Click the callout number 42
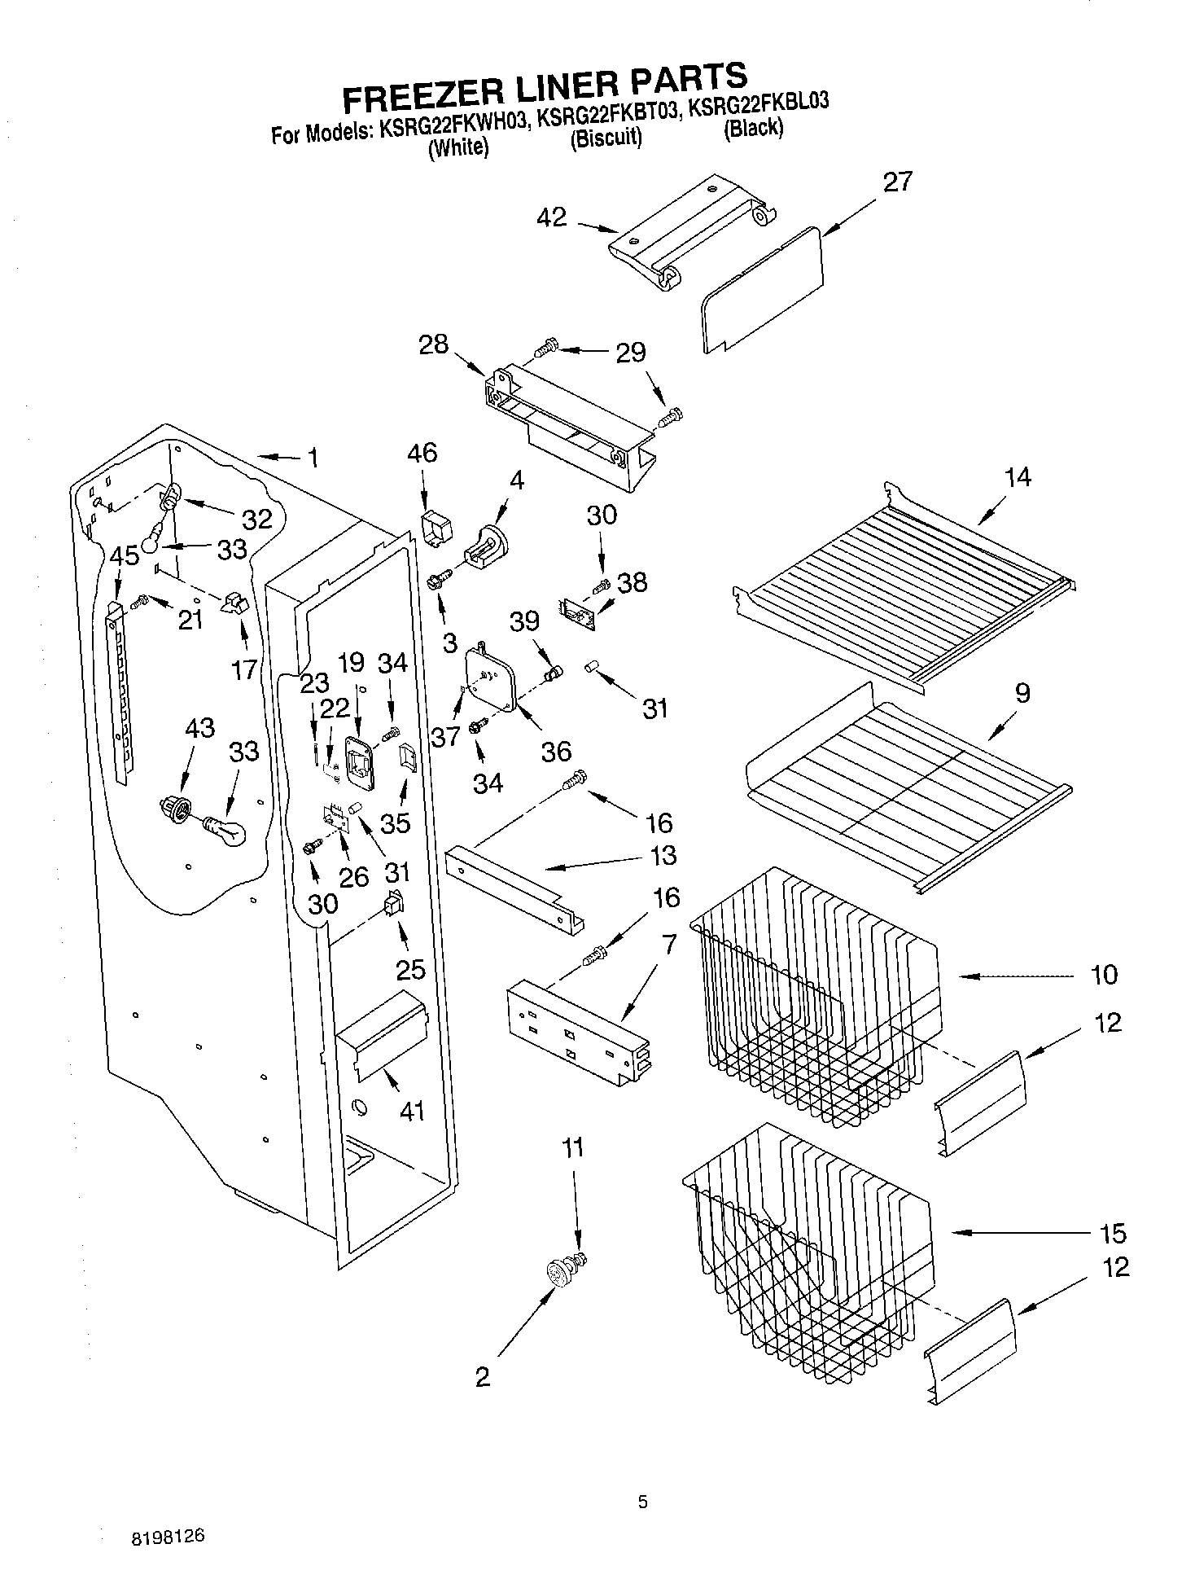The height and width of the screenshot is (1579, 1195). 551,217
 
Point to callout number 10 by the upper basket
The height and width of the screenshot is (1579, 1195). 1104,975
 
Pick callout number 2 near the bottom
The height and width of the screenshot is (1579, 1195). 483,1377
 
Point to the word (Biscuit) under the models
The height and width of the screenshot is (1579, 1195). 605,138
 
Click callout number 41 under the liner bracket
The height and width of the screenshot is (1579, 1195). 412,1111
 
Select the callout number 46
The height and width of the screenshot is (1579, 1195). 422,453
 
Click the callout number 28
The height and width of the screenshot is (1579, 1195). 433,344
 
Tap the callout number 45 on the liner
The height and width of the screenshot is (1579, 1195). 124,557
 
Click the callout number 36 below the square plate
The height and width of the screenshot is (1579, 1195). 556,751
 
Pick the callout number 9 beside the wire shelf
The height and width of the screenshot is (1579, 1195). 1022,693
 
